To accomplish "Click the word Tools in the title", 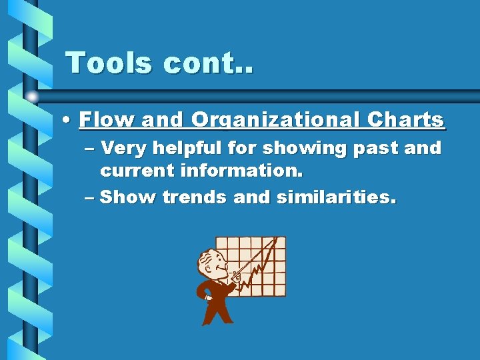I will coord(108,63).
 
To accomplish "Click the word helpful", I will coord(191,147).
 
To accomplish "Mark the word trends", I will coord(193,197).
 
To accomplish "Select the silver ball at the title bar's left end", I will coord(33,96).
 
